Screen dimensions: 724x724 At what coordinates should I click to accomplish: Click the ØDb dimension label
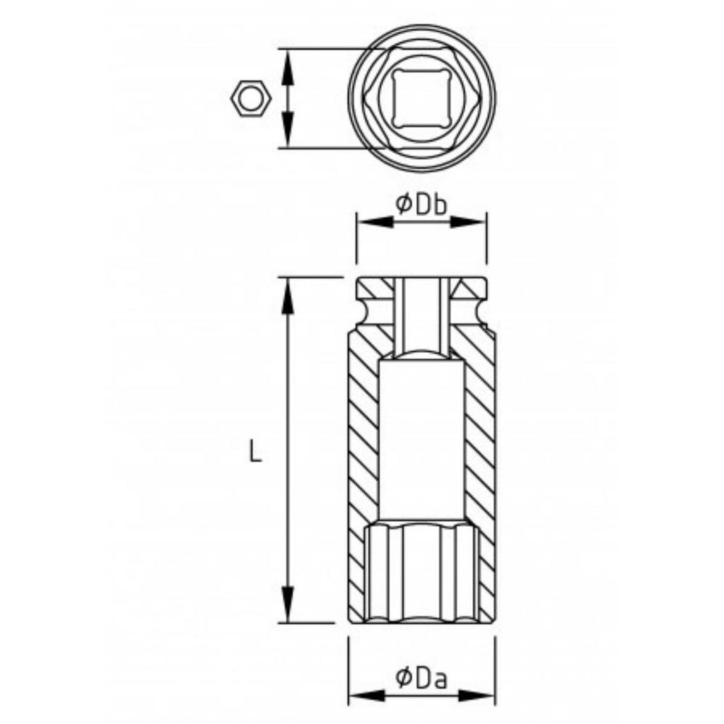pos(421,204)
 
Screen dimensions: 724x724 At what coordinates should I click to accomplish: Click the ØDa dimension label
pos(421,678)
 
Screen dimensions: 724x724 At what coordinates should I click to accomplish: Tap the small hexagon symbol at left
pos(251,100)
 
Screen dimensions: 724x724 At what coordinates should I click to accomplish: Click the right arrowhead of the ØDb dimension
pos(468,222)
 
